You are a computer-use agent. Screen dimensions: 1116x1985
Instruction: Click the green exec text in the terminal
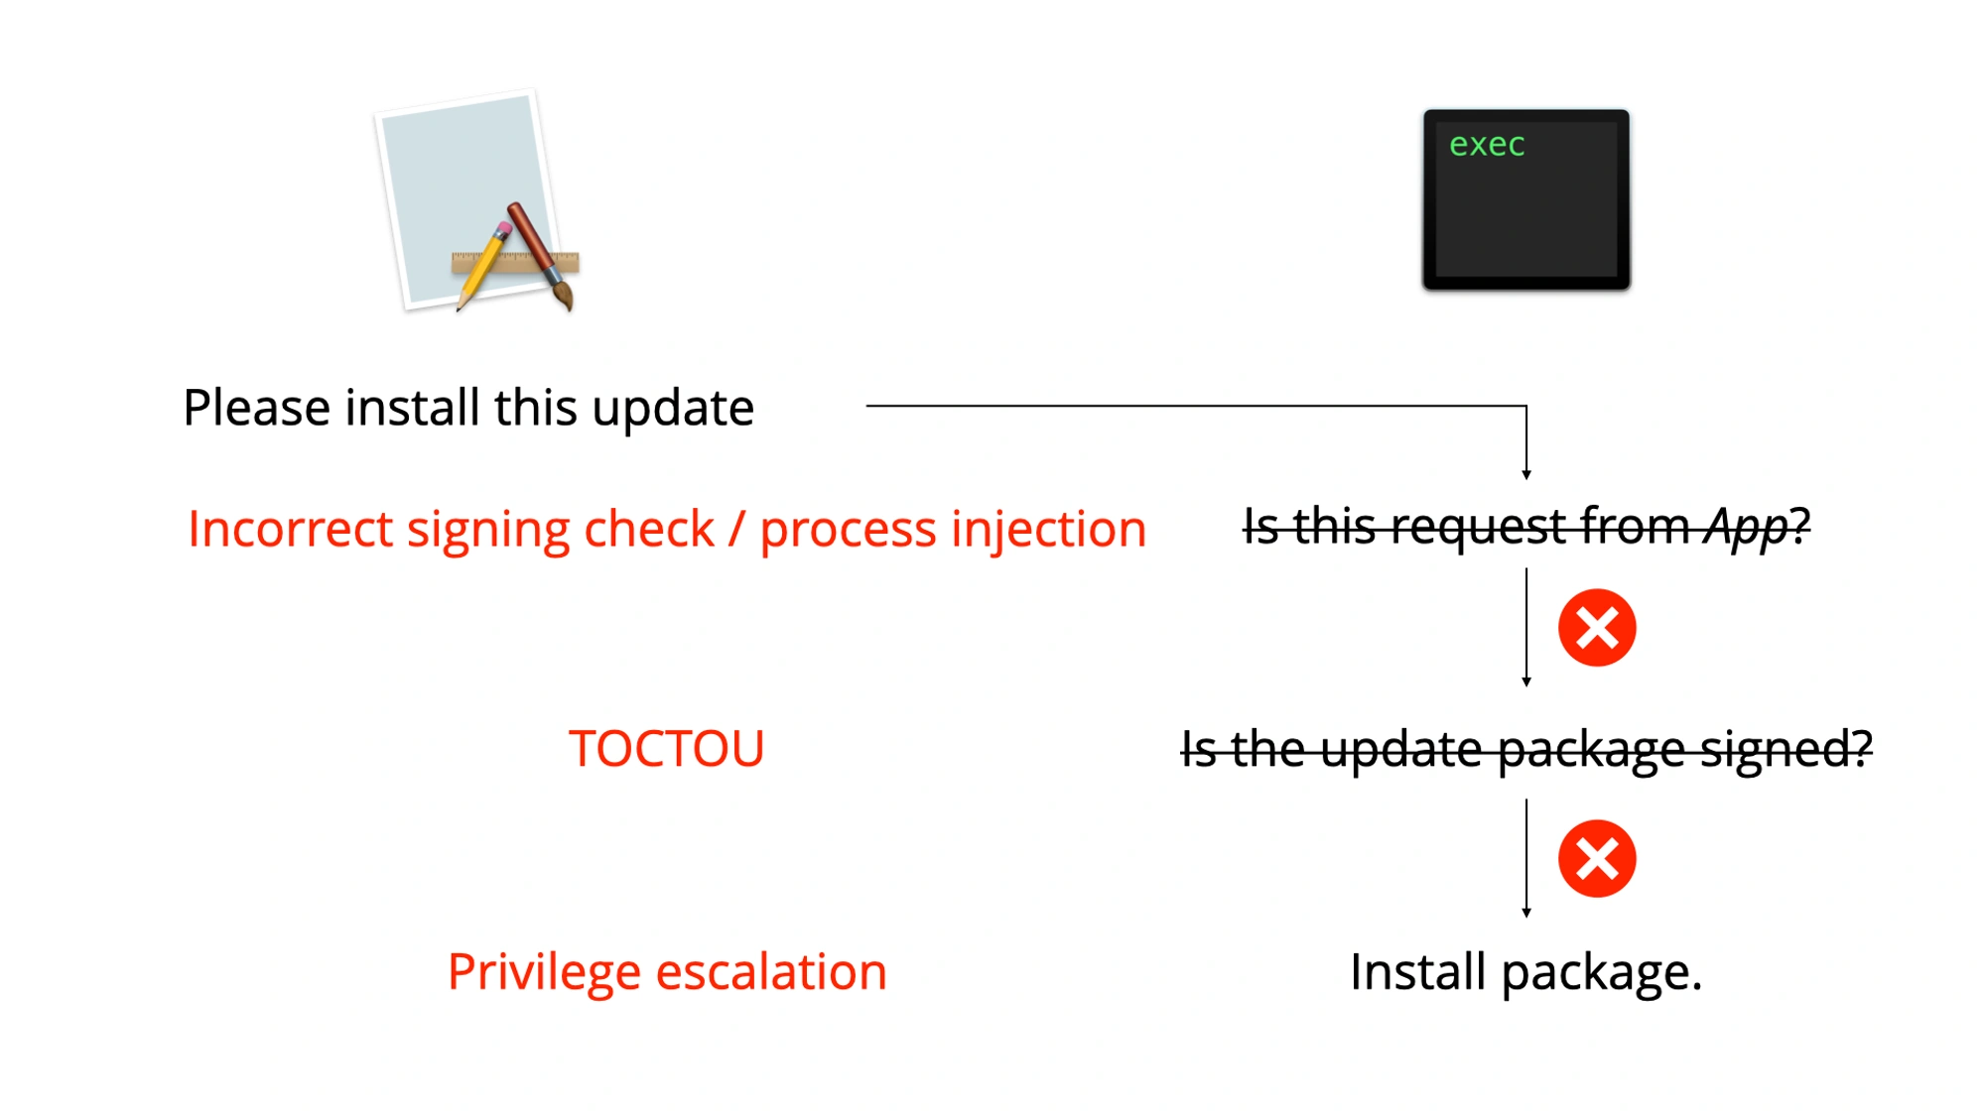[x=1486, y=146]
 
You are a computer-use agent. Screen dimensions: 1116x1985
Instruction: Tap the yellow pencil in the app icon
[x=481, y=266]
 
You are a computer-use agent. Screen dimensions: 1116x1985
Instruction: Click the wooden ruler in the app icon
[x=516, y=263]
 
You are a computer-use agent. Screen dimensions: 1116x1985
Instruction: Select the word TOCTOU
[x=666, y=749]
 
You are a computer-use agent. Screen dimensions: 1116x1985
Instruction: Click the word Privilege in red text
[x=543, y=972]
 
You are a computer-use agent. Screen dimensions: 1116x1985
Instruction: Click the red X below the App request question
[x=1596, y=628]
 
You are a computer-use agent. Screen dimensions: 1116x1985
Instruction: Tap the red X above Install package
[x=1596, y=859]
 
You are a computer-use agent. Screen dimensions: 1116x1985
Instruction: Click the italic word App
[x=1746, y=528]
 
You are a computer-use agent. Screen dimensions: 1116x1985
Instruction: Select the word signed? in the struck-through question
[x=1786, y=749]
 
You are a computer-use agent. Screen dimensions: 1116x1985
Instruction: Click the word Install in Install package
[x=1416, y=972]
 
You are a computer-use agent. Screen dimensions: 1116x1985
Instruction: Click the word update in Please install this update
[x=672, y=409]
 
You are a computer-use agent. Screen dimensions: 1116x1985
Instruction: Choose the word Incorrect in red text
[x=290, y=529]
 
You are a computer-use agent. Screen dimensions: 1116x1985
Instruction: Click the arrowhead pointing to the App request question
[x=1526, y=475]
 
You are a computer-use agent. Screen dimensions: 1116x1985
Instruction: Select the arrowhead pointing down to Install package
[x=1526, y=913]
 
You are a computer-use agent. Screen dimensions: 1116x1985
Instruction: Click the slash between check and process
[x=736, y=529]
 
